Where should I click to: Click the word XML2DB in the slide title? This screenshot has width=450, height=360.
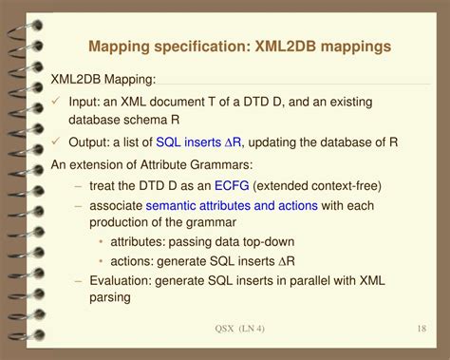(x=286, y=47)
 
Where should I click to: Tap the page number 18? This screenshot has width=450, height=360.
(x=422, y=329)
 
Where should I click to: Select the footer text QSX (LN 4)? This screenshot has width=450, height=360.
(x=239, y=329)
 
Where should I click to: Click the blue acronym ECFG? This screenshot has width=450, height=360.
(x=232, y=185)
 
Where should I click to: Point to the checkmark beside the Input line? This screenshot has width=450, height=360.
(x=56, y=101)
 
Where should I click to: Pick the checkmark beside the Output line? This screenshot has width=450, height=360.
(x=56, y=141)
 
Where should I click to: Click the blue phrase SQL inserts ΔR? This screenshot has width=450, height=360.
(x=198, y=142)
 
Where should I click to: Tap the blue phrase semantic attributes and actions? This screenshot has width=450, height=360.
(x=232, y=205)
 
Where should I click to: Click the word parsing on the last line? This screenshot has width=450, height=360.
(x=110, y=298)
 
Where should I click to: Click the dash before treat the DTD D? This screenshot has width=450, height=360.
(x=78, y=186)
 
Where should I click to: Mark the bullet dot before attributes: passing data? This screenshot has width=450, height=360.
(x=101, y=242)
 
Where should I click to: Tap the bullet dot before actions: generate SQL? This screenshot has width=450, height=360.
(x=101, y=261)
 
